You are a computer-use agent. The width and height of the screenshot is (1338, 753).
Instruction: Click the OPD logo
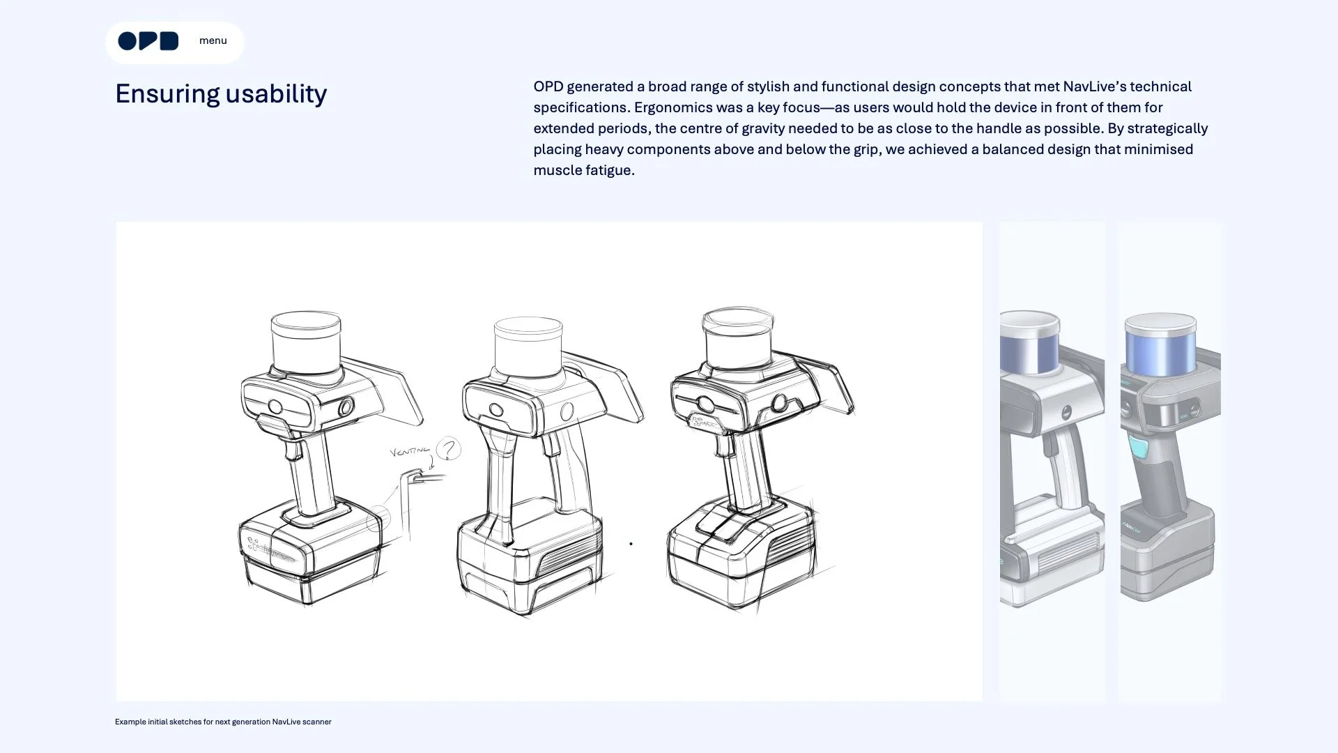coord(148,41)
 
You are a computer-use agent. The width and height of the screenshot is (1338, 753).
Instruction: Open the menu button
coord(213,40)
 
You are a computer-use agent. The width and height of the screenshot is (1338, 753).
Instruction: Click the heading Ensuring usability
coord(221,93)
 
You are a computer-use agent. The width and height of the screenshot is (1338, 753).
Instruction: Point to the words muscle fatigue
coord(584,170)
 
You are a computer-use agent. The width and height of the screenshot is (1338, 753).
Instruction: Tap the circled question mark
coord(449,448)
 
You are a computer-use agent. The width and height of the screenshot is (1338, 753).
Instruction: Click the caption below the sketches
coord(223,722)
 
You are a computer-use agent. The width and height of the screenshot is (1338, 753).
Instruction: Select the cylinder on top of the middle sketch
coord(528,347)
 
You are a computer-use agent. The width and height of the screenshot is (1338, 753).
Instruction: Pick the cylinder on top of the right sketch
coord(738,337)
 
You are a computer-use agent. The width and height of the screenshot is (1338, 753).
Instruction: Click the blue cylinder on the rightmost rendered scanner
coord(1160,344)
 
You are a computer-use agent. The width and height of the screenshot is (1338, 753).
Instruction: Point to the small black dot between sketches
coord(631,544)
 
